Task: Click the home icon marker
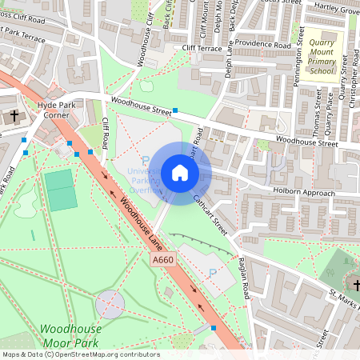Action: pos(180,173)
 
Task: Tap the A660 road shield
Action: pos(162,260)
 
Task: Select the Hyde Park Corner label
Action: pos(54,110)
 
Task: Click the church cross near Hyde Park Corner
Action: pos(14,117)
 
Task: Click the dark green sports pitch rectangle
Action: pos(61,190)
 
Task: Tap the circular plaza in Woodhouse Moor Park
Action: pos(110,304)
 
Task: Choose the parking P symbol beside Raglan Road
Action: pos(212,274)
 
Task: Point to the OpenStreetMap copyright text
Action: pos(80,354)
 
